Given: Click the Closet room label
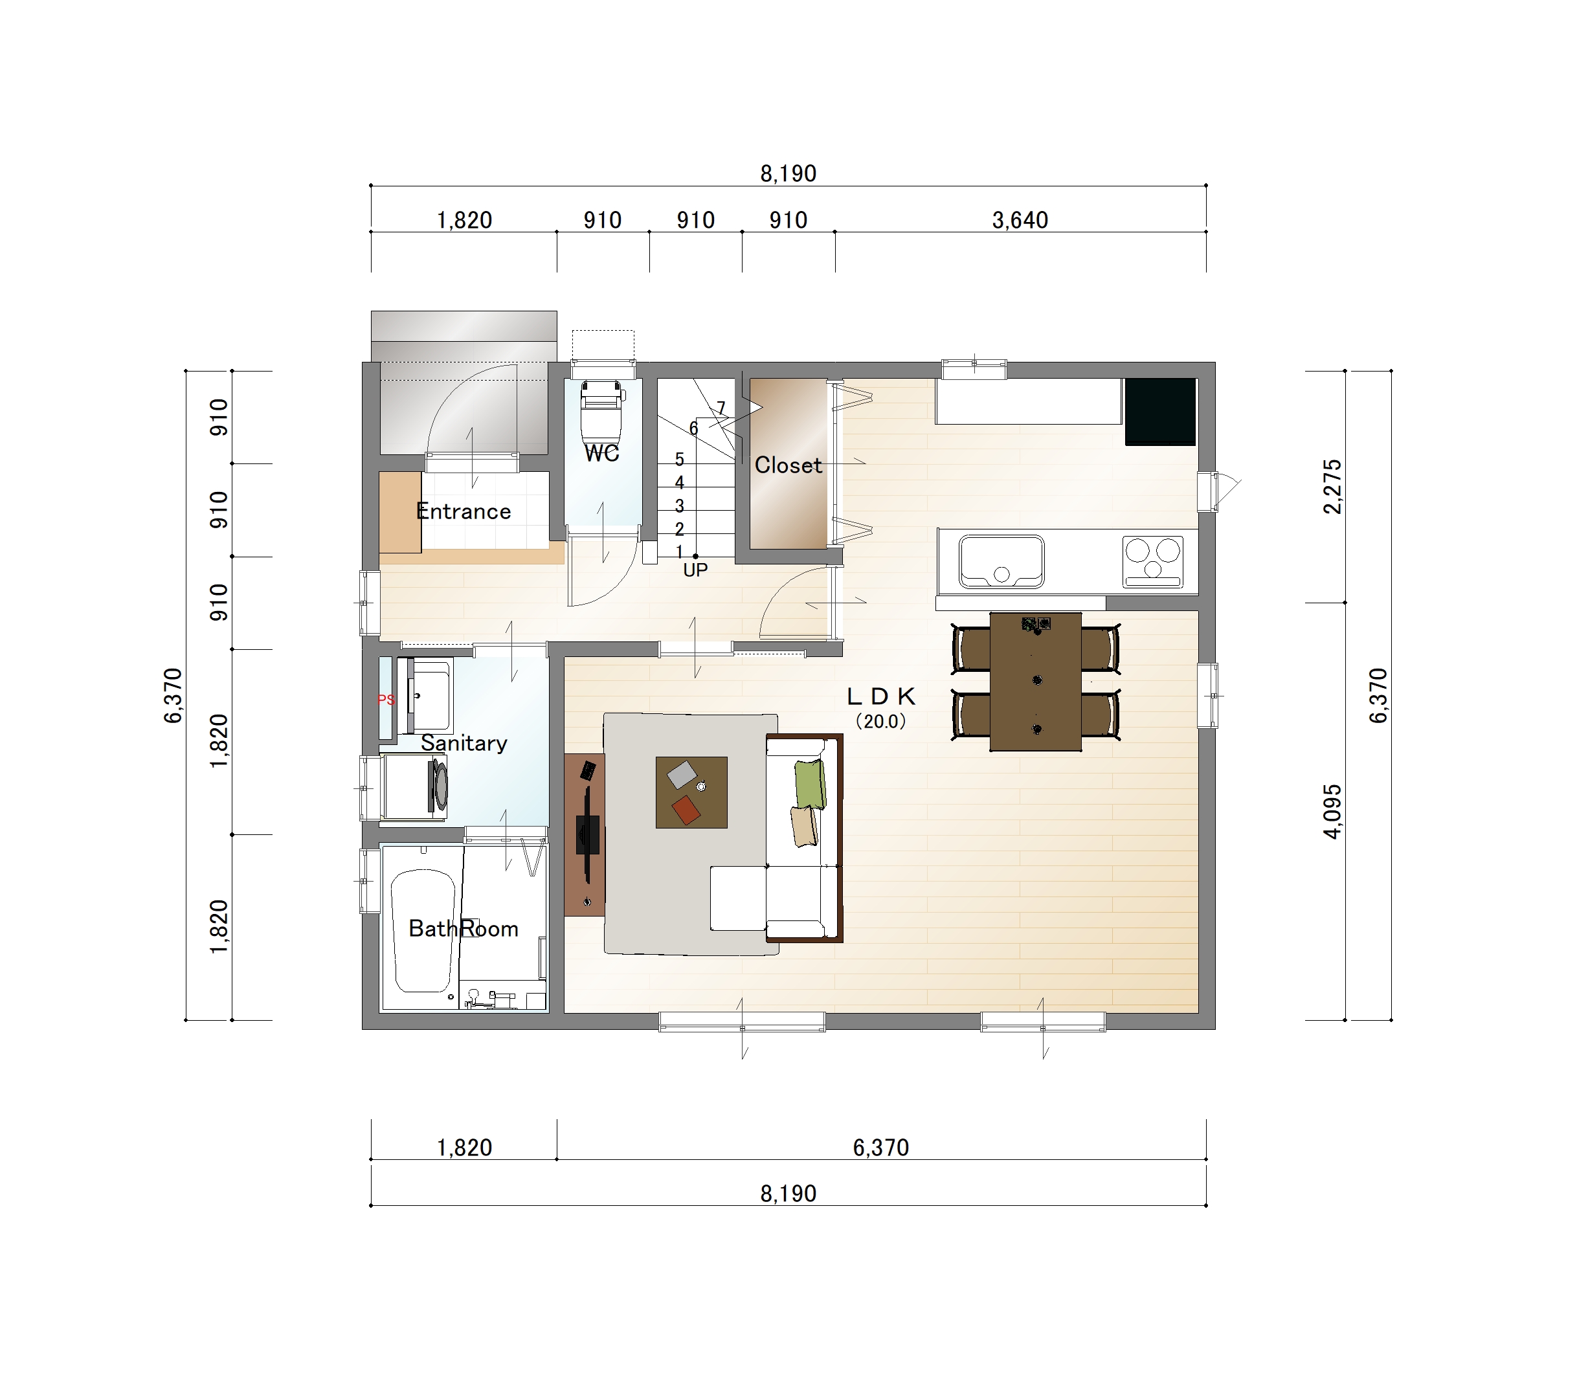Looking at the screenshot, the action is (788, 465).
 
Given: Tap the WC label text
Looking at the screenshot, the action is (602, 453).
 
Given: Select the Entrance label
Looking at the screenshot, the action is (463, 511).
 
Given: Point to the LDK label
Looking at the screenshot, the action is (881, 696).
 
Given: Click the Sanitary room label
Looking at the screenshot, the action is (464, 743).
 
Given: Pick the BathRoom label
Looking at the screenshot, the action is (463, 928).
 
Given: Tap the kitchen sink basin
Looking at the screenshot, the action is (1001, 562).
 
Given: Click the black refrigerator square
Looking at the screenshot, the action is (1160, 411).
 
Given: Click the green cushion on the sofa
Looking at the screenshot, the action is (810, 784).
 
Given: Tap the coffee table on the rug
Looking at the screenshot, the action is (691, 792).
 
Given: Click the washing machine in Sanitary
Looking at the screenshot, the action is (416, 787).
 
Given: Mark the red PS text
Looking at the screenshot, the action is (386, 700).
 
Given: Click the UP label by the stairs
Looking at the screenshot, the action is (695, 570).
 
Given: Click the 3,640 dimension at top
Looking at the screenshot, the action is (1020, 221).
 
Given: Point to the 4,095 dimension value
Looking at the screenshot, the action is (1332, 811).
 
